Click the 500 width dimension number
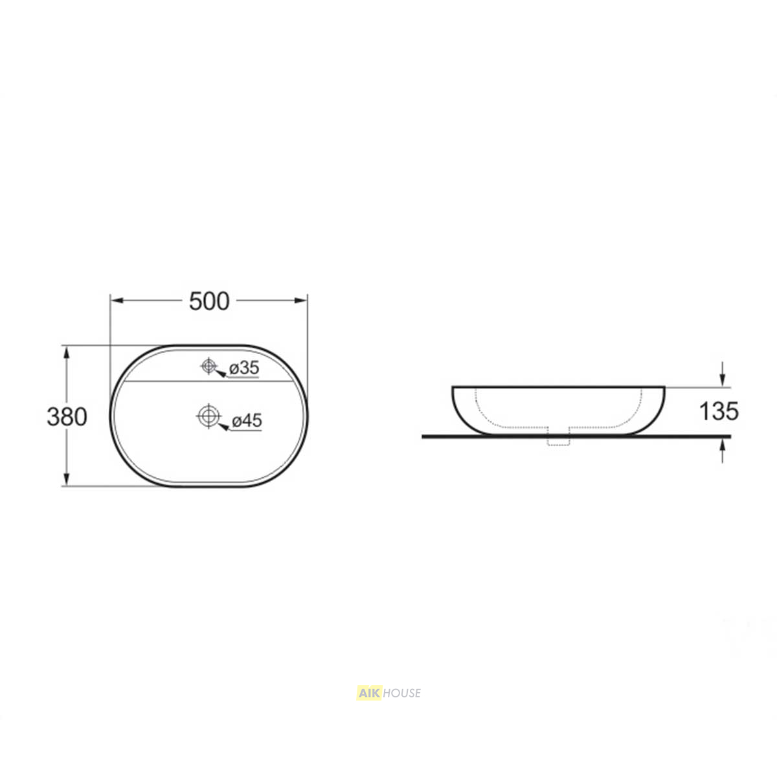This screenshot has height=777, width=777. point(209,301)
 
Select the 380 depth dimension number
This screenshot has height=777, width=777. point(67,416)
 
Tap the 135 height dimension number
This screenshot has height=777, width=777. point(719,411)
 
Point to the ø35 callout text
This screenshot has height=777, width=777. point(244,367)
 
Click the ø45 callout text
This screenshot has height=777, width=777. point(247,421)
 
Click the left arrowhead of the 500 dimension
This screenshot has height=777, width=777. point(117,300)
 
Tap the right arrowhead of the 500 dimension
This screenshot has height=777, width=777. point(301,300)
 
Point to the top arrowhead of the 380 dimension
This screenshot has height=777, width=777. point(67,352)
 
